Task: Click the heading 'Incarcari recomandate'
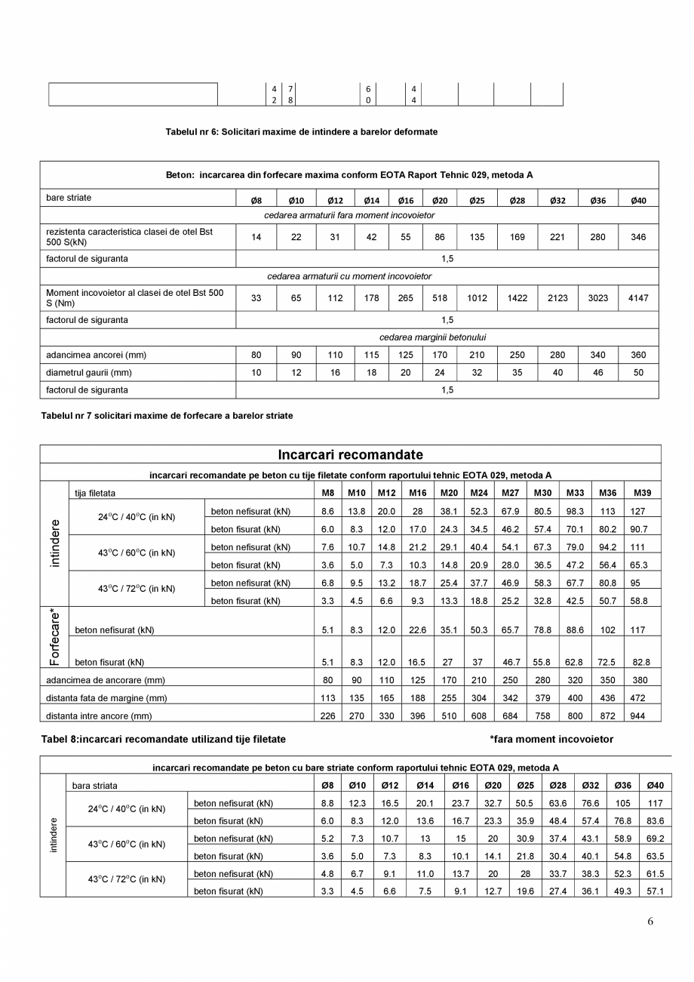pyautogui.click(x=350, y=455)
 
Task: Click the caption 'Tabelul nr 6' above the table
pyautogui.click(x=301, y=132)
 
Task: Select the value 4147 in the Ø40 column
pyautogui.click(x=638, y=298)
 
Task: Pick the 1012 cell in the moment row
pyautogui.click(x=477, y=298)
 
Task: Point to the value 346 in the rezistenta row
pyautogui.click(x=638, y=237)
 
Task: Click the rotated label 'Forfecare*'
pyautogui.click(x=54, y=636)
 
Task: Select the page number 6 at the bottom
pyautogui.click(x=650, y=922)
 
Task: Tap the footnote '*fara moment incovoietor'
pyautogui.click(x=551, y=740)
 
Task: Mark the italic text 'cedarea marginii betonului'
pyautogui.click(x=432, y=337)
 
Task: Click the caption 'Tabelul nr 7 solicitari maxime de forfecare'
pyautogui.click(x=167, y=416)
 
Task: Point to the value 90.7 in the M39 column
pyautogui.click(x=641, y=530)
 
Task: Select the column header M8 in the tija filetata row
pyautogui.click(x=327, y=493)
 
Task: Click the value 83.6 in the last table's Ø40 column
pyautogui.click(x=656, y=821)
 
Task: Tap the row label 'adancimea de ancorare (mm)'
pyautogui.click(x=105, y=680)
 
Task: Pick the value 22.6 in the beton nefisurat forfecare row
pyautogui.click(x=417, y=630)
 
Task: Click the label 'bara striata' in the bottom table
pyautogui.click(x=95, y=786)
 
